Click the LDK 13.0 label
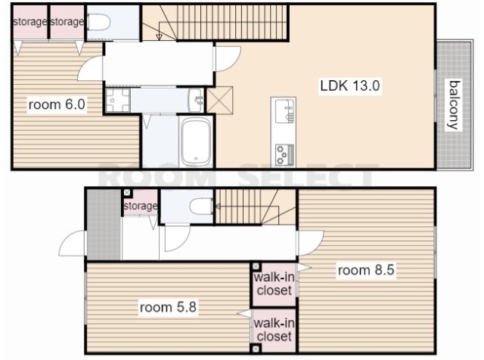(349, 85)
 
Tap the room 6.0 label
(57, 104)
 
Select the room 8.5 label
(366, 270)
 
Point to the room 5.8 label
(168, 307)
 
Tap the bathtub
(196, 141)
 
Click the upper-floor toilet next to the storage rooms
(99, 22)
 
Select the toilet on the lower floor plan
(202, 206)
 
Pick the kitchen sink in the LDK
(284, 111)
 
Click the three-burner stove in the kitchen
(284, 154)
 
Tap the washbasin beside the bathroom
(196, 101)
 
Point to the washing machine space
(118, 101)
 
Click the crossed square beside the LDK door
(219, 100)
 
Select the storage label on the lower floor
(141, 206)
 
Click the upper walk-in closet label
(274, 284)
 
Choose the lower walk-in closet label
(274, 330)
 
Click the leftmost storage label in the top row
(30, 22)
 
